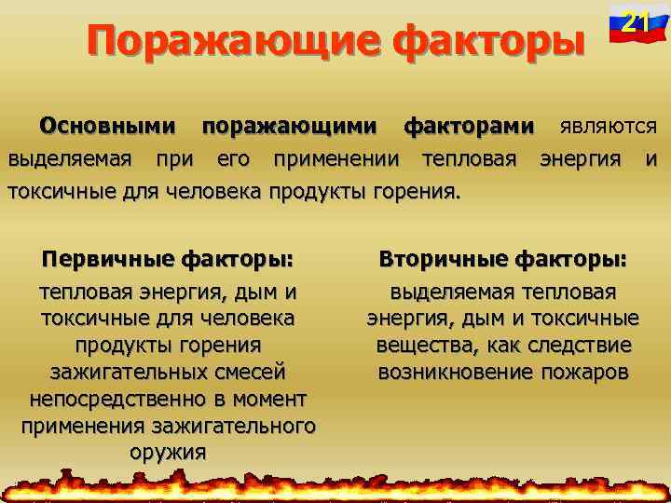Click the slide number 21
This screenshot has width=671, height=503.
(637, 20)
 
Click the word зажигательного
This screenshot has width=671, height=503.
(245, 427)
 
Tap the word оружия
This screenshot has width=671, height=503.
(169, 454)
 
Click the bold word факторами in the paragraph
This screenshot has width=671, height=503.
(469, 125)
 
